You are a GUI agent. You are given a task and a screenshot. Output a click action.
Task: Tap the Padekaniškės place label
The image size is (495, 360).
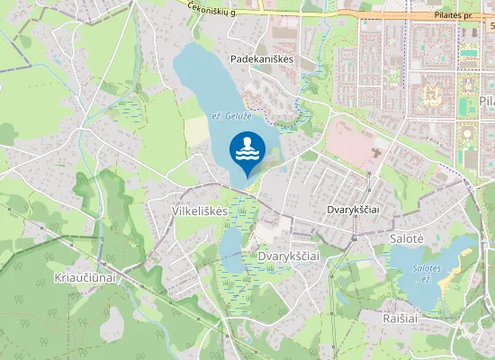coord(262,58)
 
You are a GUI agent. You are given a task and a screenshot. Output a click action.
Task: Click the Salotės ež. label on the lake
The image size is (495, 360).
coord(426,273)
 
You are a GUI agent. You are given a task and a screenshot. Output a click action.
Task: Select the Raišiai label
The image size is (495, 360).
coord(402,318)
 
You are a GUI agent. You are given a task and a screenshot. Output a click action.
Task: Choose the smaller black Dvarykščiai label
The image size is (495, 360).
coord(352,209)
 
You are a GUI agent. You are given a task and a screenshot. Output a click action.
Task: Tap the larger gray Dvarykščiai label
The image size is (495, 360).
coord(289,256)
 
